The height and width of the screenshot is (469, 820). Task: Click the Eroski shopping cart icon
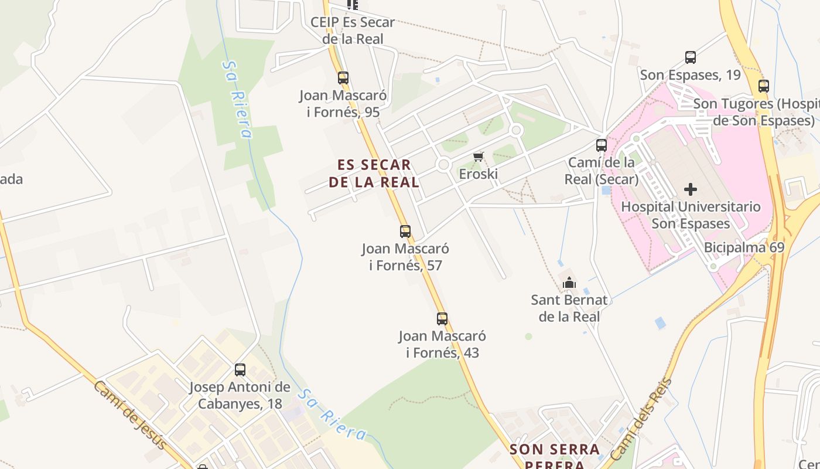[x=479, y=157]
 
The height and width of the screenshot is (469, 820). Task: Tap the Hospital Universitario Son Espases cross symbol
[x=691, y=189]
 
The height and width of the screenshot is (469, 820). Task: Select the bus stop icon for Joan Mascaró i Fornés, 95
[x=343, y=77]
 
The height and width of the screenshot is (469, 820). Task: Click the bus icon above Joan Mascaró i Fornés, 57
[x=405, y=231]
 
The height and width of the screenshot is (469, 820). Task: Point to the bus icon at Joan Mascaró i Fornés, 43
[x=442, y=319]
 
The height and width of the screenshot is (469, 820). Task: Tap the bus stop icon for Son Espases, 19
[x=691, y=57]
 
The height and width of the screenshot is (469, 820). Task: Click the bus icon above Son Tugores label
[x=763, y=86]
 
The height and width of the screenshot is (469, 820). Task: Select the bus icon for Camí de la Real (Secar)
[x=602, y=145]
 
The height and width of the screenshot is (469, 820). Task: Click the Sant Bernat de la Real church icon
[x=569, y=283]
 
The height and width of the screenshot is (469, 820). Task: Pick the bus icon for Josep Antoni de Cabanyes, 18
[x=240, y=370]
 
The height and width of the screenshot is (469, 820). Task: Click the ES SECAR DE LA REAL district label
[x=374, y=173]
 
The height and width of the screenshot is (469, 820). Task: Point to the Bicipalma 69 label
[x=743, y=247]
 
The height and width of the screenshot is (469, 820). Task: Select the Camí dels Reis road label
[x=641, y=420]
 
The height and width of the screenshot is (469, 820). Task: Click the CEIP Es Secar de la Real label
[x=353, y=30]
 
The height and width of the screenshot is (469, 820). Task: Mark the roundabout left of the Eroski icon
[x=443, y=165]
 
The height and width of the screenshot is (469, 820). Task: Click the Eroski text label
[x=478, y=174]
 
